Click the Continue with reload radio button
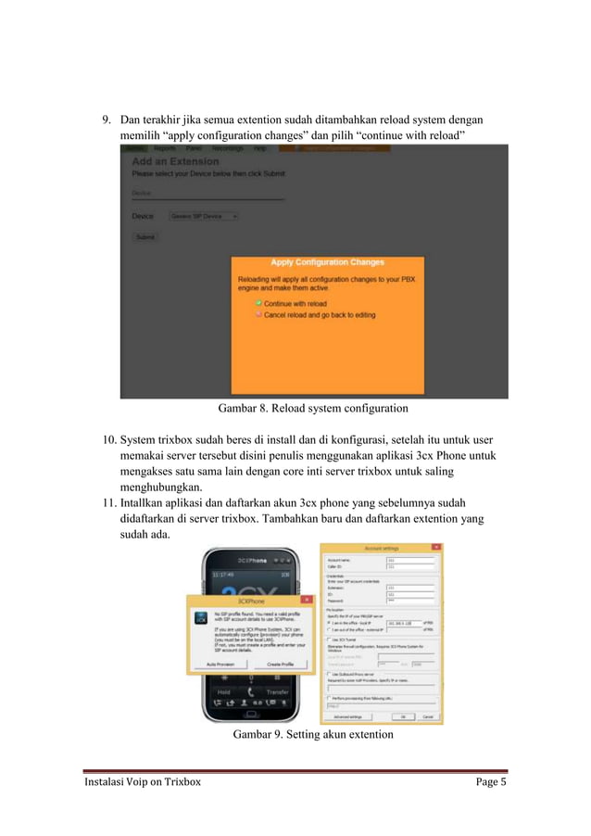258,303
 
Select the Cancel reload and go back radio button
258,314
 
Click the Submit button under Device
145,237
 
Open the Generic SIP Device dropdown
204,216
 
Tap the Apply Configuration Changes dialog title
326,262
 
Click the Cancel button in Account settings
428,716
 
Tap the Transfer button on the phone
276,691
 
